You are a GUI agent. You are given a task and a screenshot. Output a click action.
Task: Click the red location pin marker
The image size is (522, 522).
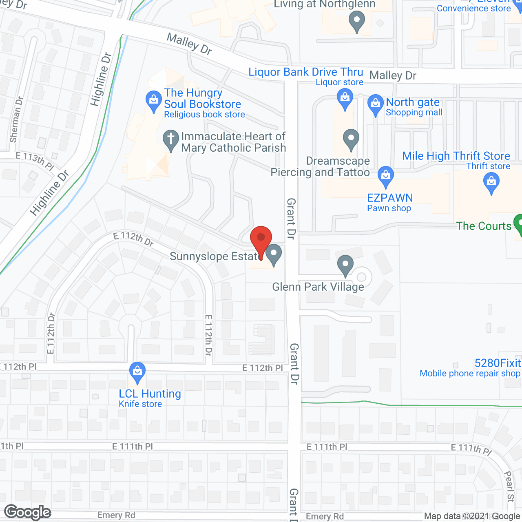click(261, 239)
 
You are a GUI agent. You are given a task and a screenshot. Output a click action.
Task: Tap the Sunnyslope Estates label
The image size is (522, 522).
click(215, 257)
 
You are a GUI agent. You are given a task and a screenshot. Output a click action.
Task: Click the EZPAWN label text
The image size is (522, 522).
click(390, 198)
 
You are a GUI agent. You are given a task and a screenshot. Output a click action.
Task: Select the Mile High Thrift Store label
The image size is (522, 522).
click(456, 156)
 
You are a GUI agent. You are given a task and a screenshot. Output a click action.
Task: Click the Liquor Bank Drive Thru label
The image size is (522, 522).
click(306, 72)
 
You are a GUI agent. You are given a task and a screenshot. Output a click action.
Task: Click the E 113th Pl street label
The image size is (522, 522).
click(35, 160)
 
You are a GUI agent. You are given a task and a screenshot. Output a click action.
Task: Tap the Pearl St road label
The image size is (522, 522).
click(509, 487)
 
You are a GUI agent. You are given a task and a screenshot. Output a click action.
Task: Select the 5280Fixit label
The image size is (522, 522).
click(498, 363)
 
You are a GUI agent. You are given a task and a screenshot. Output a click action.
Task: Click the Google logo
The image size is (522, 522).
click(28, 512)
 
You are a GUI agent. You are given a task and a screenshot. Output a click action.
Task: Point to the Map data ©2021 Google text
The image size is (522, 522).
click(472, 516)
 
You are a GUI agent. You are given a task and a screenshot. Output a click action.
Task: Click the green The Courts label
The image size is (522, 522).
click(484, 226)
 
